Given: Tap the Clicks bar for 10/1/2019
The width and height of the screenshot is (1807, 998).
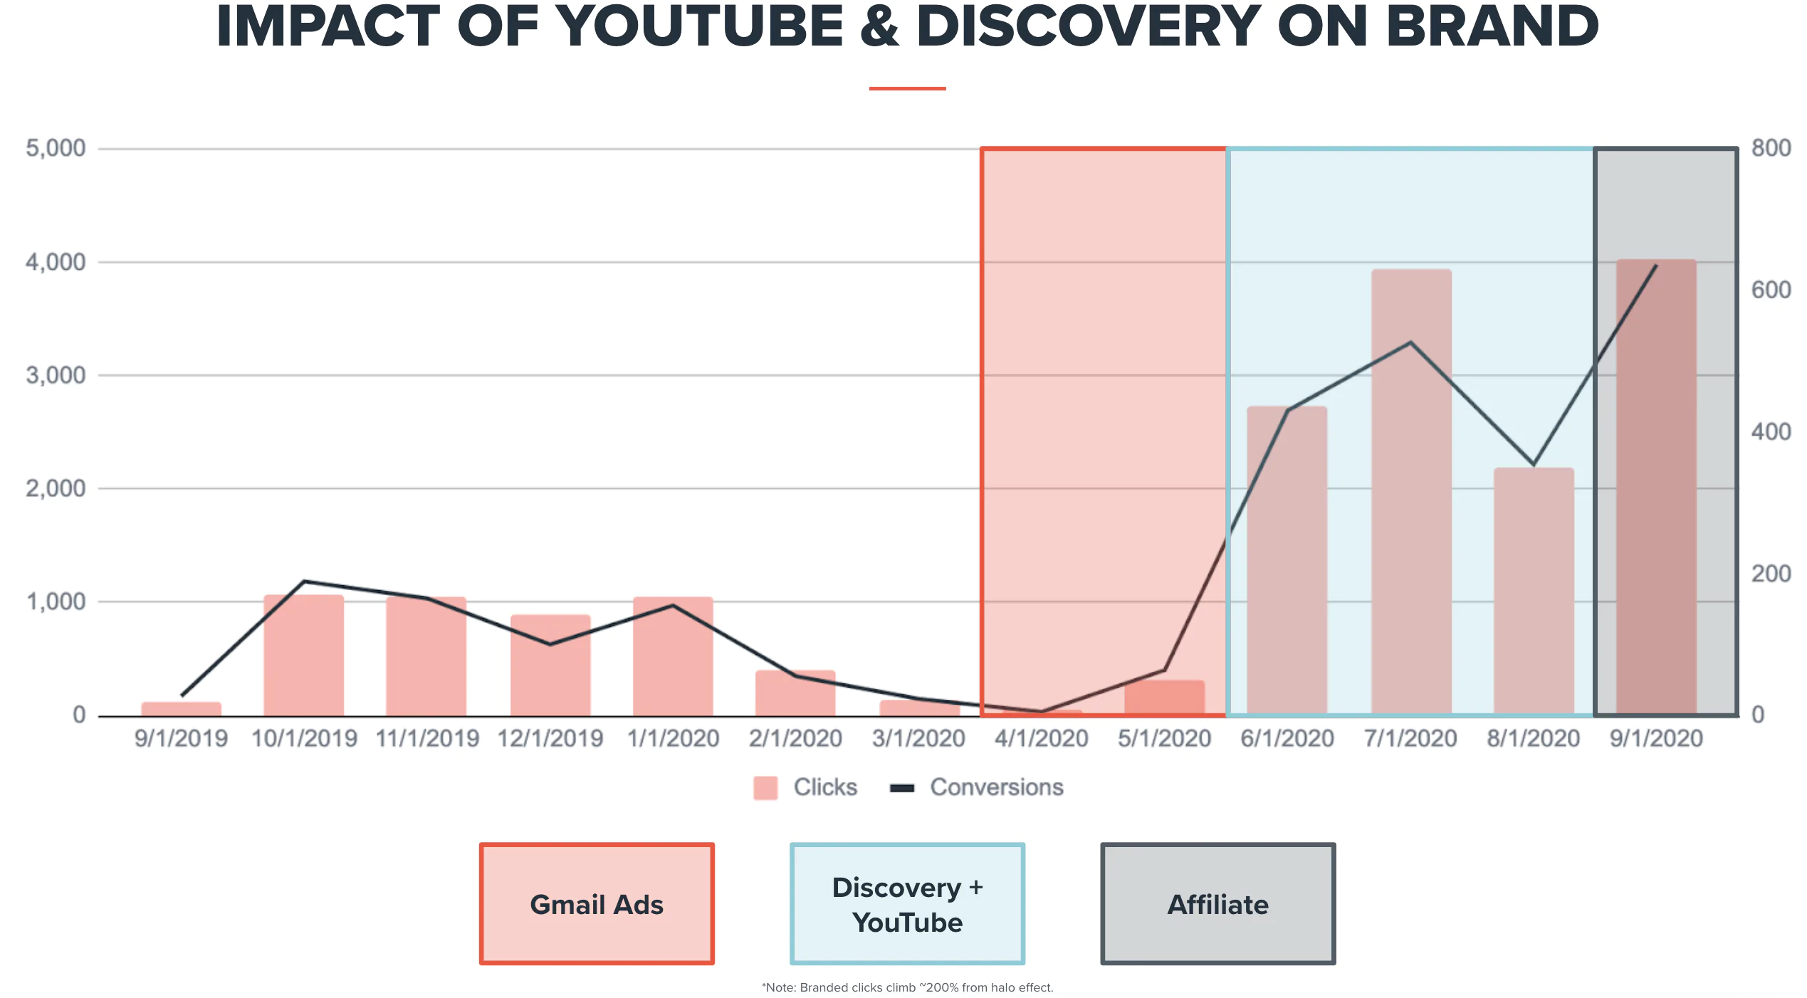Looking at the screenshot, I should click(304, 655).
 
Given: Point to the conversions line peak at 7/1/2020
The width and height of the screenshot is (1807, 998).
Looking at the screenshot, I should click(1410, 343).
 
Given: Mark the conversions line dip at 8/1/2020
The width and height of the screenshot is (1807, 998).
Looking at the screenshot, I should click(1534, 464).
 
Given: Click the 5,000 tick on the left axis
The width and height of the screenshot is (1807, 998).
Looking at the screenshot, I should click(56, 148).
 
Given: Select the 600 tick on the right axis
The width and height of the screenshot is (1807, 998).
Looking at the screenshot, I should click(1771, 290).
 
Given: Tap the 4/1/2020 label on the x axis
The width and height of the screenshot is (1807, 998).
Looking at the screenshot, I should click(1041, 738).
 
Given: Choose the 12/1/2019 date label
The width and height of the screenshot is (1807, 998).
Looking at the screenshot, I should click(550, 738).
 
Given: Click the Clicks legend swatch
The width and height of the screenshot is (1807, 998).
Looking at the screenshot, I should click(765, 787).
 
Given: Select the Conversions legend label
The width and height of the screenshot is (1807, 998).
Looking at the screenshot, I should click(996, 787).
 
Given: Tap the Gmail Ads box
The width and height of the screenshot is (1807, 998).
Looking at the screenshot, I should click(597, 904).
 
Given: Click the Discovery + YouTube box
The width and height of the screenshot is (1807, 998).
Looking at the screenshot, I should click(907, 904).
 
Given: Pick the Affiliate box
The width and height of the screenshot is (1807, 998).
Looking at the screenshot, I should click(1217, 904).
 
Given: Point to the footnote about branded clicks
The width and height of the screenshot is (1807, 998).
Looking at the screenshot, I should click(907, 987).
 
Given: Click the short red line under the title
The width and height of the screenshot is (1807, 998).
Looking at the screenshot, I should click(907, 88).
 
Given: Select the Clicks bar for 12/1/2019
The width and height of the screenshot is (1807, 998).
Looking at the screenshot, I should click(550, 666).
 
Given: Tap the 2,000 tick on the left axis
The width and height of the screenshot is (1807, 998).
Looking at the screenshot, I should click(56, 488).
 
